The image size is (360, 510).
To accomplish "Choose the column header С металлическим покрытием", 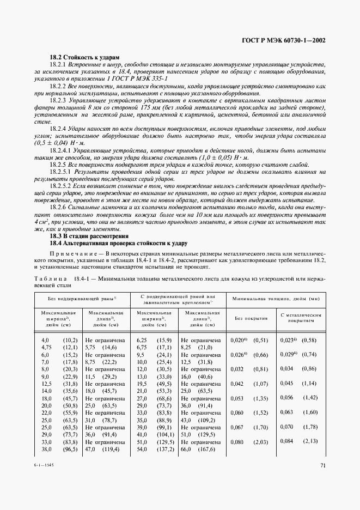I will tap(301, 318).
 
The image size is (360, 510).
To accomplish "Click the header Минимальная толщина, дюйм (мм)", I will tap(276, 299).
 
